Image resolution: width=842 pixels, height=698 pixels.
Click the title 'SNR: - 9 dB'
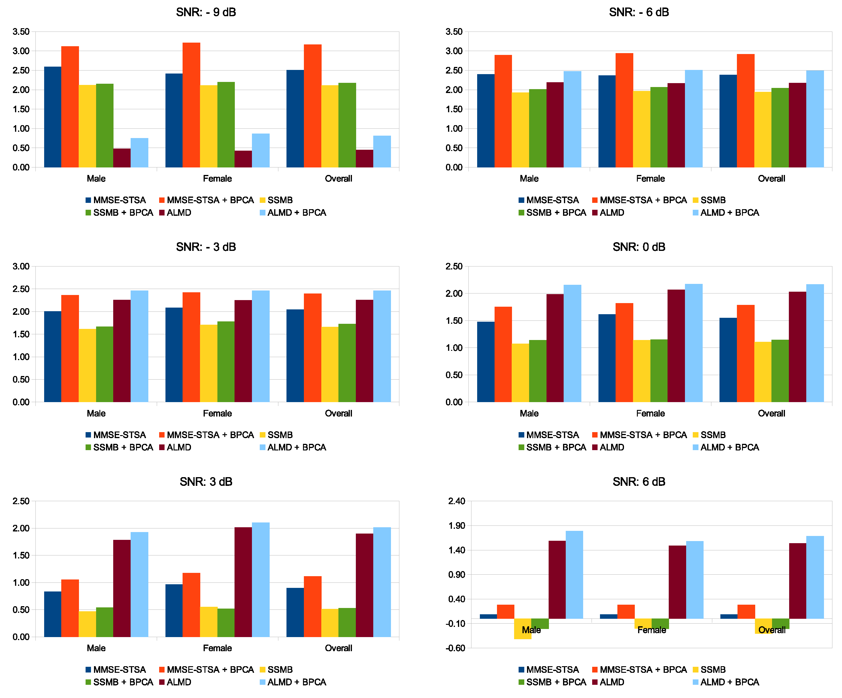(x=206, y=12)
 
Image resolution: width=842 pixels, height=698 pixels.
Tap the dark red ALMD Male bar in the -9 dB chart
(x=122, y=158)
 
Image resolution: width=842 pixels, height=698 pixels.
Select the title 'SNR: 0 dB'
(x=639, y=247)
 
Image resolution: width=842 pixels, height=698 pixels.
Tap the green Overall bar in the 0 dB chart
(x=780, y=371)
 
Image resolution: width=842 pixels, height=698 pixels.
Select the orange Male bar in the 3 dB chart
(x=70, y=608)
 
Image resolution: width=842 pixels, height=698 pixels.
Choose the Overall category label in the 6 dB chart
(x=771, y=630)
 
